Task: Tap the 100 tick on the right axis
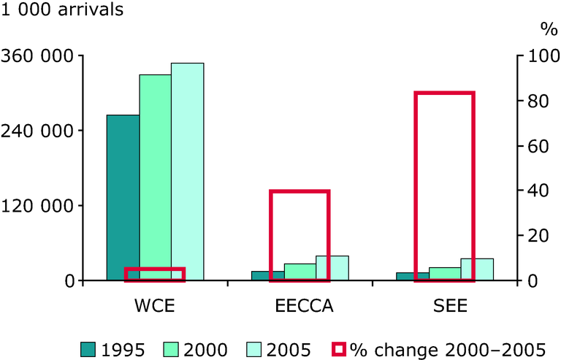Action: click(x=539, y=56)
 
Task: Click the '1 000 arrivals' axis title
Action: click(x=62, y=10)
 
